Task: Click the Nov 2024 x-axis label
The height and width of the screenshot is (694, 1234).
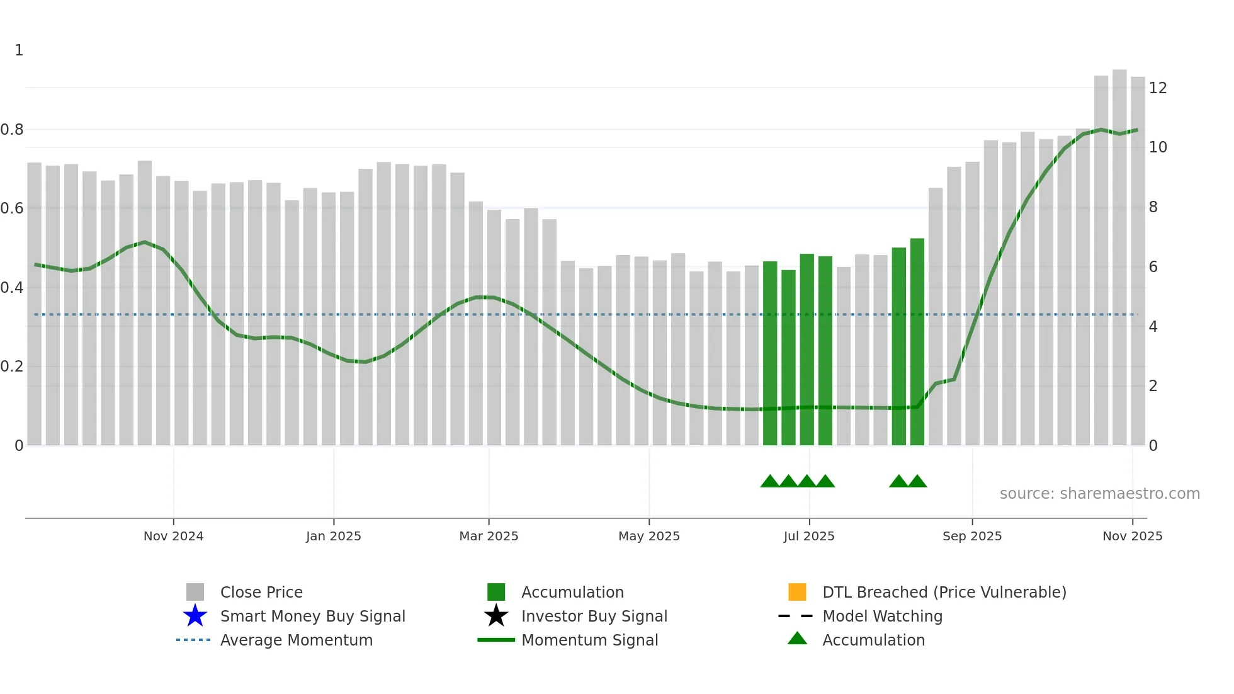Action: pos(173,536)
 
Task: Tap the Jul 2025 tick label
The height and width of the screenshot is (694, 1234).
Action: pos(809,536)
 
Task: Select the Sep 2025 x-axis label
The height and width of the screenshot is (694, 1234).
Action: pos(971,536)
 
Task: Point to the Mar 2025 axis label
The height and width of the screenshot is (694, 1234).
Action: pos(489,536)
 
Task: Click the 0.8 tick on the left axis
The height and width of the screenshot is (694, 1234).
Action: pos(12,130)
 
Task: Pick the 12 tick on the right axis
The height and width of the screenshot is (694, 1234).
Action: pos(1158,88)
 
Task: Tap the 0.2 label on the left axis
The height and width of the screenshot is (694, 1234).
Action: pos(12,367)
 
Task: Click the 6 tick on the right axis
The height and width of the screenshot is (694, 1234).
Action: pos(1153,267)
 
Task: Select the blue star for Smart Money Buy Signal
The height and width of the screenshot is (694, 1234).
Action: pos(195,616)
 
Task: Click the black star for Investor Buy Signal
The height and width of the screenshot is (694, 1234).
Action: pos(496,616)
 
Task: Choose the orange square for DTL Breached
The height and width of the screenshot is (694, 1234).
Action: pos(797,592)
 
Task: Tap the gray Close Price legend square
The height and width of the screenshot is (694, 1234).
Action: pos(195,592)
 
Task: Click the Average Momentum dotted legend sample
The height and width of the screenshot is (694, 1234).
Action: pos(193,640)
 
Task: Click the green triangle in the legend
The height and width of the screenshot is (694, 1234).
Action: pos(797,639)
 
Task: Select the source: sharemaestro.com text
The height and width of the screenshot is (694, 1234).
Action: pos(1099,494)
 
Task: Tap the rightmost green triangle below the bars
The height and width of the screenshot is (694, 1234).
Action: pos(917,482)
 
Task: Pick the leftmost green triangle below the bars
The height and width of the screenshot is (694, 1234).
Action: pos(769,482)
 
